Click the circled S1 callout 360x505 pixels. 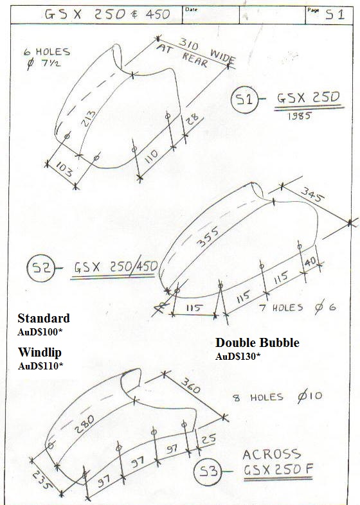(245, 99)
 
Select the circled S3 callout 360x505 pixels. (208, 472)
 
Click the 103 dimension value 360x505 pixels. (64, 169)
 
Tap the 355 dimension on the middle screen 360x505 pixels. (208, 237)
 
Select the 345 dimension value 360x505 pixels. (311, 195)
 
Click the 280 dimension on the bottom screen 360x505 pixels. (85, 425)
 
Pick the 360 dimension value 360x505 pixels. (190, 385)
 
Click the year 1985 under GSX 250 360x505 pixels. (299, 116)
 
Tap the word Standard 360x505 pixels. (44, 318)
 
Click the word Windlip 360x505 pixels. (39, 352)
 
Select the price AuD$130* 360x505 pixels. (237, 356)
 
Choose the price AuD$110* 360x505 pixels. (40, 366)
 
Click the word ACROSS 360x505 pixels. (272, 455)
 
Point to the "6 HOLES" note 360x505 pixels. (47, 52)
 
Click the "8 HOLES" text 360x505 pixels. (258, 398)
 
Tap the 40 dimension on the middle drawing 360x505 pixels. (310, 262)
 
